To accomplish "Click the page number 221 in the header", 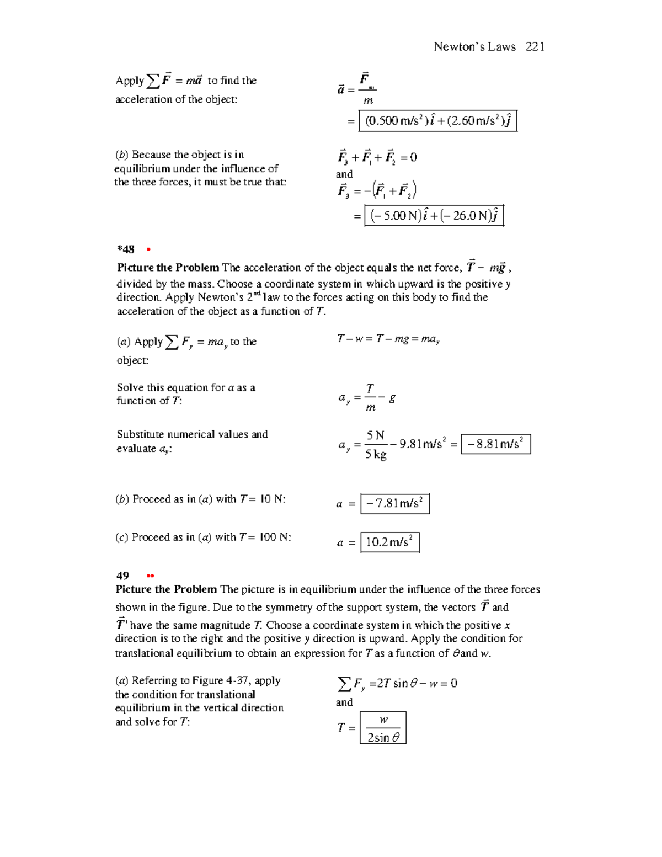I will (x=535, y=47).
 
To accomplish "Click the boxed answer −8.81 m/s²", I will (x=495, y=444).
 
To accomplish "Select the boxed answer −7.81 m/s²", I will (x=394, y=504).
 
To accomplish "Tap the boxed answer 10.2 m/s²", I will (x=389, y=542).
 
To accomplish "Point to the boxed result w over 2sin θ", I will (x=383, y=728).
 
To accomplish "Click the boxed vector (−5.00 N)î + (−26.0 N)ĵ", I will (x=434, y=216).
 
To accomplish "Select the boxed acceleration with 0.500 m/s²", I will (x=437, y=121).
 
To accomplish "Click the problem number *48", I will (x=125, y=249).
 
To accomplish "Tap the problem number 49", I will (x=122, y=576).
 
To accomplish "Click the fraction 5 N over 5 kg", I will (x=376, y=445).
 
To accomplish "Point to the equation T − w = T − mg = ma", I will (x=388, y=339).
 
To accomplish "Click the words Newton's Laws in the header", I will (x=474, y=47).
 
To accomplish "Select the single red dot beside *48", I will (x=148, y=250).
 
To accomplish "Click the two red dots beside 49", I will (x=151, y=576).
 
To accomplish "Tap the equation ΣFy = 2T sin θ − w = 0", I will (x=397, y=684).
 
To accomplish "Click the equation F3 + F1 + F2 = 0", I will (x=377, y=158).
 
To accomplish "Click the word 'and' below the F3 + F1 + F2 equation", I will (x=344, y=174).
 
